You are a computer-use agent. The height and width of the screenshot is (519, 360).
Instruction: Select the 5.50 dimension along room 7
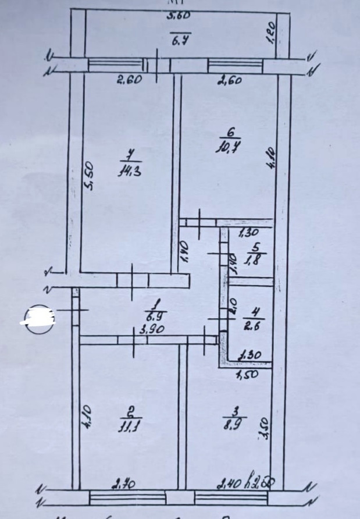(89, 175)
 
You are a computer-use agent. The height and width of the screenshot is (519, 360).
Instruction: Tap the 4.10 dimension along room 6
(270, 157)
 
